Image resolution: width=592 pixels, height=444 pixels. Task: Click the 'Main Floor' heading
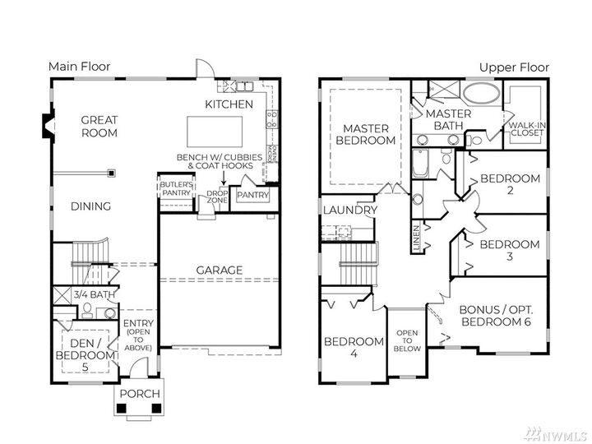[x=79, y=67]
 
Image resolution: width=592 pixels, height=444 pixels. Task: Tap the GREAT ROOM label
[x=99, y=126]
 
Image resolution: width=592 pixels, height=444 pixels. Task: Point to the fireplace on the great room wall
[x=46, y=126]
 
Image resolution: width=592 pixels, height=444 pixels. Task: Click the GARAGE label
[x=219, y=270]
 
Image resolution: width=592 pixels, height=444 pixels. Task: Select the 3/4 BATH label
[x=92, y=294]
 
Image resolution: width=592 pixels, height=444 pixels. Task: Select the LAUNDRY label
[x=349, y=210]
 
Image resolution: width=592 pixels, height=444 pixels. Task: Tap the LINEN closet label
[x=417, y=236]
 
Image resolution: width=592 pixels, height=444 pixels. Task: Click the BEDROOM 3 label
[x=510, y=250]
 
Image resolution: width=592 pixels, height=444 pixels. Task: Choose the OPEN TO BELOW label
[x=408, y=340]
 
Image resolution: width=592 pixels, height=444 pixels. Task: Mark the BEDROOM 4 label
[x=354, y=347]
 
